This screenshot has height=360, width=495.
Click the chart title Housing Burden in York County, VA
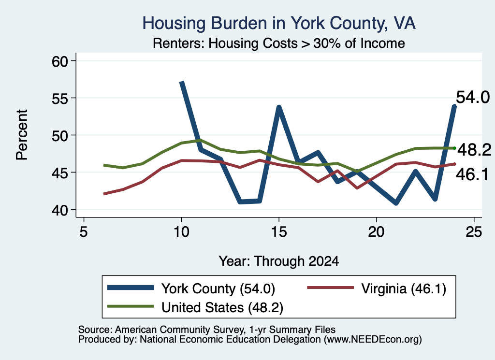[x=279, y=23]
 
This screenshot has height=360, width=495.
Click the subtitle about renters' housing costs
[x=279, y=43]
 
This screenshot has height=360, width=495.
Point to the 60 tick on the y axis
[x=59, y=61]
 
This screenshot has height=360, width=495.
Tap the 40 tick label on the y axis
[x=59, y=210]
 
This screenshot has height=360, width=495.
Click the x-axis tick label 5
[x=83, y=232]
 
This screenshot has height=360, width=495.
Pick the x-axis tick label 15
[x=279, y=232]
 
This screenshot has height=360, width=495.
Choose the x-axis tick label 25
[x=474, y=232]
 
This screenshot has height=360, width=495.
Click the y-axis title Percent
[x=22, y=135]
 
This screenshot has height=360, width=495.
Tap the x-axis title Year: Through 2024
[x=279, y=261]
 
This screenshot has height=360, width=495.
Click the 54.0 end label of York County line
[x=473, y=97]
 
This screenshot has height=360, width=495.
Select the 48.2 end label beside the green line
[x=474, y=149]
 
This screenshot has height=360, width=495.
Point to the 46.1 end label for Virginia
[x=472, y=174]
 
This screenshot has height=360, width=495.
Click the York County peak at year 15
[x=279, y=107]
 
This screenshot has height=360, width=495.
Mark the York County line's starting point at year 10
[x=182, y=82]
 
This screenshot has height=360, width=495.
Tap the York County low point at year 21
[x=396, y=203]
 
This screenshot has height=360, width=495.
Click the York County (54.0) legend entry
[x=191, y=288]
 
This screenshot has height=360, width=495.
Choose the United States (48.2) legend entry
[x=195, y=307]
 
